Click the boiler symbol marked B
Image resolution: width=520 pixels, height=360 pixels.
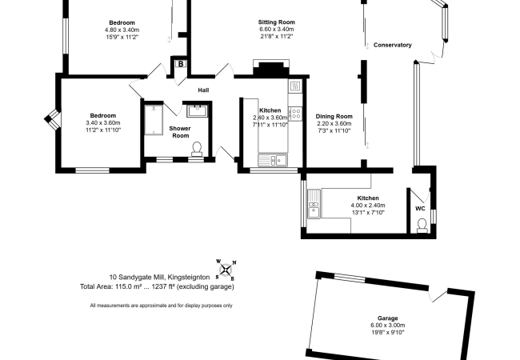pos(181,64)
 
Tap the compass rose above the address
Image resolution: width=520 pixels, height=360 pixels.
pos(226,270)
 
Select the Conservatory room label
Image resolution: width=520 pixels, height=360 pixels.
pos(392,45)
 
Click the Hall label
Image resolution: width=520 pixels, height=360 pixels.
pos(203,90)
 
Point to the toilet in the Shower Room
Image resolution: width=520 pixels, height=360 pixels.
pos(197,149)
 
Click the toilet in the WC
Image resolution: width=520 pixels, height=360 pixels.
pos(422,225)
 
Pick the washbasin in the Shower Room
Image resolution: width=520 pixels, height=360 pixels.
pos(198,111)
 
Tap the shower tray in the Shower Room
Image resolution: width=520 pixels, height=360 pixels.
pos(154,120)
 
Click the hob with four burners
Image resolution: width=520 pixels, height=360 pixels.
pos(295,114)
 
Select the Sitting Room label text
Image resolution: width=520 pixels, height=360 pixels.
pos(277,22)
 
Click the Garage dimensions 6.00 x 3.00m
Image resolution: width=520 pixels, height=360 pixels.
pos(388,325)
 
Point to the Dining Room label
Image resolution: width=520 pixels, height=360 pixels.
pos(334,116)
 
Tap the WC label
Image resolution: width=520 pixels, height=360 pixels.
pos(420,209)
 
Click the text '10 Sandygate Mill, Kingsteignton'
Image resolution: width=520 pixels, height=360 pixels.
pos(159,277)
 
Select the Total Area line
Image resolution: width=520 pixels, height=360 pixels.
pos(157,286)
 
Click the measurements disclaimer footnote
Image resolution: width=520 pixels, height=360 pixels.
pos(161,306)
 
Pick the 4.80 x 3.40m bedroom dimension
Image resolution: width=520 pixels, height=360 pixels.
pos(122,30)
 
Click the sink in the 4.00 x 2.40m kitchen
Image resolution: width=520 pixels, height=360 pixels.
pos(314,204)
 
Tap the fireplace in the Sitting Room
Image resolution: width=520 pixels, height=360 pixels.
pos(271,69)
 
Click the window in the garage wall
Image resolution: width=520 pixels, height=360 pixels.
pos(350,278)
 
